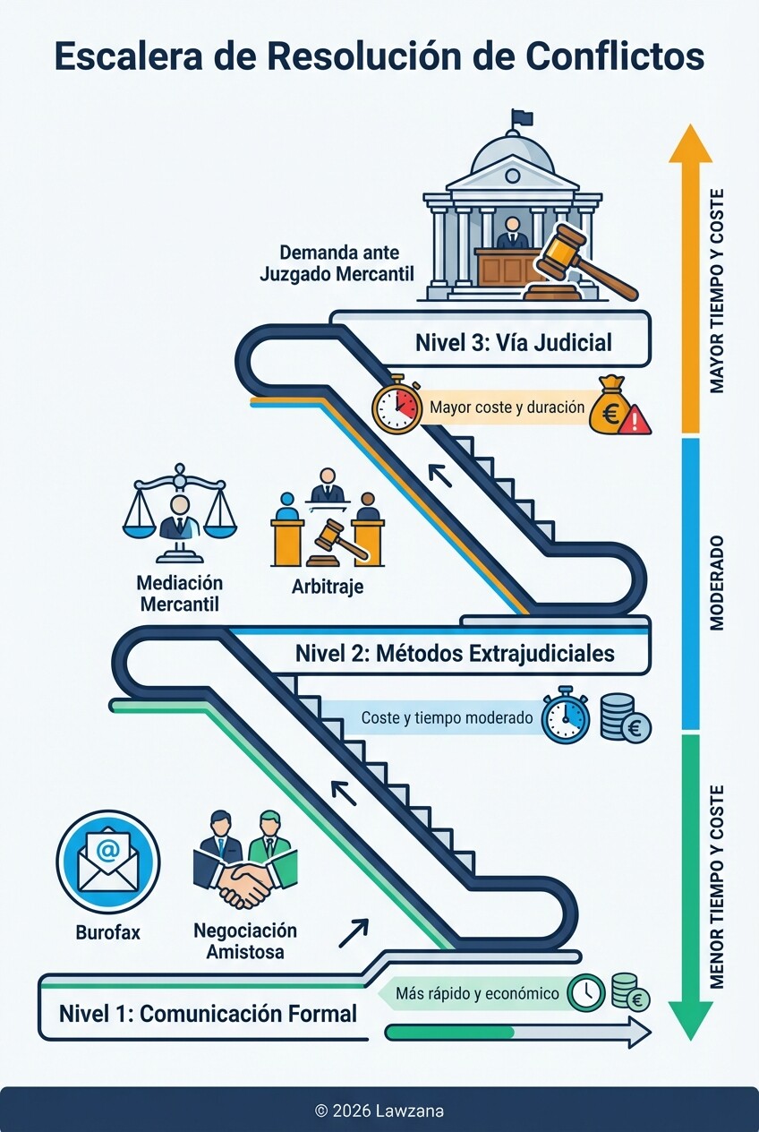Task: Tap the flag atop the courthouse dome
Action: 521,118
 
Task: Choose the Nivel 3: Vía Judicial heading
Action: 513,342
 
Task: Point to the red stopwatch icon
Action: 397,407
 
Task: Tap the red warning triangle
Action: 635,419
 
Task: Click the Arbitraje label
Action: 327,587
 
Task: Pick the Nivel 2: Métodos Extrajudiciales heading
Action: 455,653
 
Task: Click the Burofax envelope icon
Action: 107,861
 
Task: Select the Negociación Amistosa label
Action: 244,941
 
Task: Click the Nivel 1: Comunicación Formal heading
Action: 208,1014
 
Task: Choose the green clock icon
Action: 587,991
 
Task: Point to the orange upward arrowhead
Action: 690,144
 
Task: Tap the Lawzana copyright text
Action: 379,1111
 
